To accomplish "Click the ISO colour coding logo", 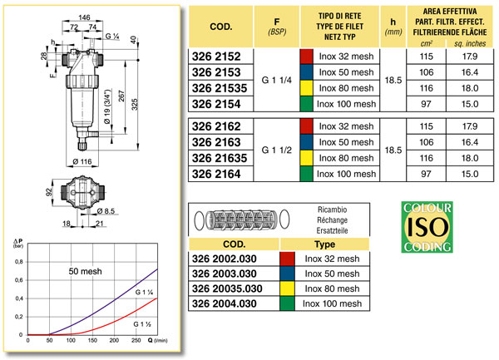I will [426, 226].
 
